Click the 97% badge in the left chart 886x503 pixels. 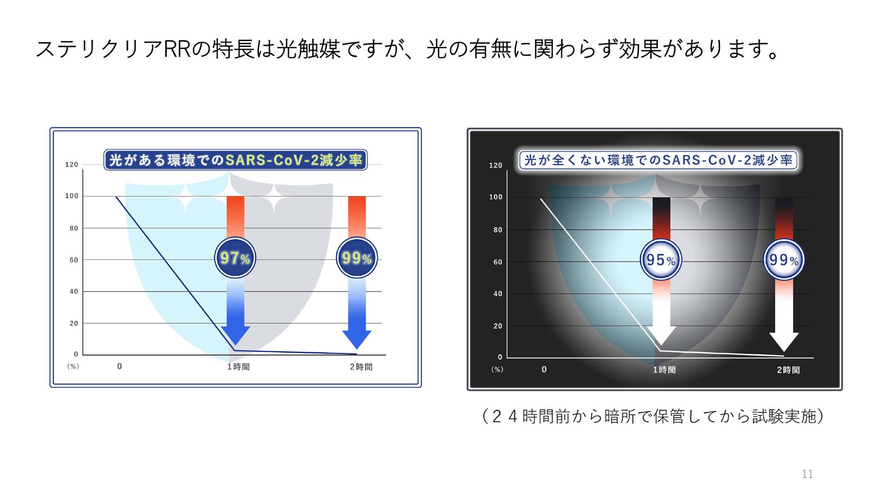pyautogui.click(x=235, y=257)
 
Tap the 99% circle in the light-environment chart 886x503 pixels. pyautogui.click(x=357, y=257)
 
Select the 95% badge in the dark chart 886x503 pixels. pyautogui.click(x=661, y=259)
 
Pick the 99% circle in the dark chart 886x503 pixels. pyautogui.click(x=784, y=259)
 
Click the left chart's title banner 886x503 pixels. pyautogui.click(x=235, y=160)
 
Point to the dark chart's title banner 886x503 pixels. pyautogui.click(x=658, y=160)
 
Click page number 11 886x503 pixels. pyautogui.click(x=807, y=474)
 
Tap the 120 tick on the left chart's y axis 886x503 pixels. pyautogui.click(x=72, y=164)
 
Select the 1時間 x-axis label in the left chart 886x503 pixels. pyautogui.click(x=238, y=367)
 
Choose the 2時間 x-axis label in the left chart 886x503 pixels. pyautogui.click(x=361, y=367)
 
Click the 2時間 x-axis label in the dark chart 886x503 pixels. pyautogui.click(x=788, y=370)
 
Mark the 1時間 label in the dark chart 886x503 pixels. pyautogui.click(x=664, y=370)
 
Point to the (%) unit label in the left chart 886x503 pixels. pyautogui.click(x=73, y=366)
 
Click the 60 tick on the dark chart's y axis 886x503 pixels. pyautogui.click(x=498, y=262)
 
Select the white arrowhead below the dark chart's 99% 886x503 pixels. pyautogui.click(x=784, y=342)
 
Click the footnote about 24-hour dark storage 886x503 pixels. pyautogui.click(x=653, y=416)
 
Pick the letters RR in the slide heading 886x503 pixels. pyautogui.click(x=177, y=49)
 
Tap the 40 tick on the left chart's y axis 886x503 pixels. pyautogui.click(x=74, y=291)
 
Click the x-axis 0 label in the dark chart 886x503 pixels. pyautogui.click(x=544, y=370)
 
